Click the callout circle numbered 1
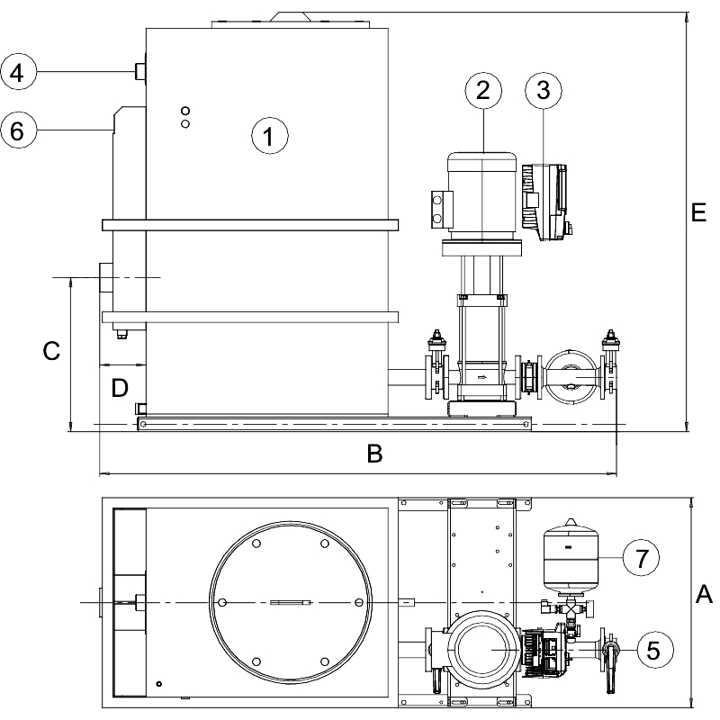click(268, 137)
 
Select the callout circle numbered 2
click(483, 90)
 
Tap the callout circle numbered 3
click(543, 90)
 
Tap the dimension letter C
click(51, 352)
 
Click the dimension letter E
click(698, 212)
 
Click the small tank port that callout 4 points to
click(140, 71)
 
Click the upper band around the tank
click(249, 223)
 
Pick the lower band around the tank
click(249, 317)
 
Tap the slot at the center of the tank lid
click(291, 602)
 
